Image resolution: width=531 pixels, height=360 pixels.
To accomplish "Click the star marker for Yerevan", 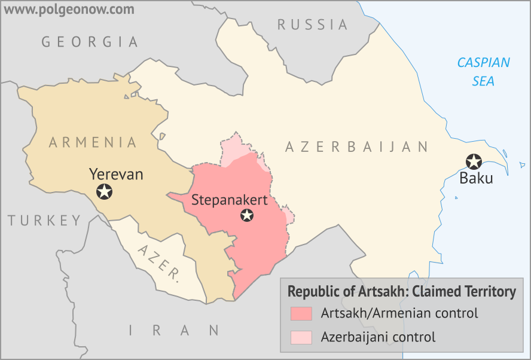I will point(105,192).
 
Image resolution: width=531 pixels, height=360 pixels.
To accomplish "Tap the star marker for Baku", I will point(474,161).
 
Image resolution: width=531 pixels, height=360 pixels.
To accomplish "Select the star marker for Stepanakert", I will point(246,215).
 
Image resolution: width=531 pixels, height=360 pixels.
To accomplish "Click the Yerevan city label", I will point(116,174).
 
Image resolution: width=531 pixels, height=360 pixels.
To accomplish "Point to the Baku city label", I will point(476,178).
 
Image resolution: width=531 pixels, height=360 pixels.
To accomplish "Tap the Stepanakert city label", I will point(229,200).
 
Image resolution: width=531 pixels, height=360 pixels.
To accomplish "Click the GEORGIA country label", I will point(90,42).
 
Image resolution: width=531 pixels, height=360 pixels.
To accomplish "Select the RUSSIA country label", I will point(312,25).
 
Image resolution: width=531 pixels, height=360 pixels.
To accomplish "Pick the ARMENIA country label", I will point(93,142).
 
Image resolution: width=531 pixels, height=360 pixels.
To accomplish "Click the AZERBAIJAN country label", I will point(357,147).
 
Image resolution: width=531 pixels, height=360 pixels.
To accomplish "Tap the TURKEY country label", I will point(44,220).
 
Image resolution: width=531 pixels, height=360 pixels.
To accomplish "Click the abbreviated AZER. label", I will point(158,263).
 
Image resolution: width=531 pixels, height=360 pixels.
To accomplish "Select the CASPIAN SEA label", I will point(483,71).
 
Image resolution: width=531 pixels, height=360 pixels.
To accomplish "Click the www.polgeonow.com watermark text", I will point(67,10).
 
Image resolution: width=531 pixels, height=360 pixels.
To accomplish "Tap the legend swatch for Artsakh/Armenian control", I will point(301,313).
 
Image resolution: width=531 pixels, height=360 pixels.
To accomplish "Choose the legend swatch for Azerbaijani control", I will point(301,337).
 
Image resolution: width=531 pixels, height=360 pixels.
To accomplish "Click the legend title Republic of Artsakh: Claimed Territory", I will point(401,292).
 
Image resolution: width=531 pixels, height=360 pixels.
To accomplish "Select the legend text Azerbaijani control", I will point(378,337).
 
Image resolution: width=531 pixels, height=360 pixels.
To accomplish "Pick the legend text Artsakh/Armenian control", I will point(399,313).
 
